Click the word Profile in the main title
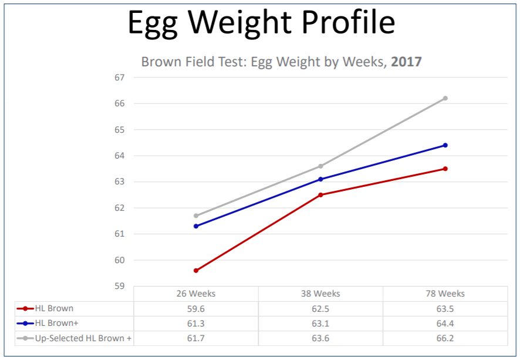click(x=348, y=22)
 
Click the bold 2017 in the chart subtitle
click(x=406, y=62)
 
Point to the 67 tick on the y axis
click(x=119, y=78)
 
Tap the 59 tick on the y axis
click(x=119, y=286)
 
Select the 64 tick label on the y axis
click(x=119, y=156)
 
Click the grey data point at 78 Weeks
click(x=445, y=98)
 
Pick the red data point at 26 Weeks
click(x=196, y=271)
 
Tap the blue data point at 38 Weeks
click(x=320, y=179)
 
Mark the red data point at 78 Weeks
click(x=445, y=169)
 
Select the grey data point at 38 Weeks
click(x=320, y=166)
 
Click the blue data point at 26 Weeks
click(x=196, y=226)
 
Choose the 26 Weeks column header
click(x=195, y=294)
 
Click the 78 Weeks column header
click(x=445, y=294)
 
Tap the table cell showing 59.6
click(x=195, y=309)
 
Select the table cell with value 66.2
click(x=445, y=338)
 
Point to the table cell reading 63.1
click(x=320, y=324)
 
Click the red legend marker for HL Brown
click(x=25, y=308)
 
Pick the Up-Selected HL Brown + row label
click(x=83, y=338)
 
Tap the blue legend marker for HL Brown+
click(x=25, y=323)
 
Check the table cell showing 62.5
click(x=320, y=309)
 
